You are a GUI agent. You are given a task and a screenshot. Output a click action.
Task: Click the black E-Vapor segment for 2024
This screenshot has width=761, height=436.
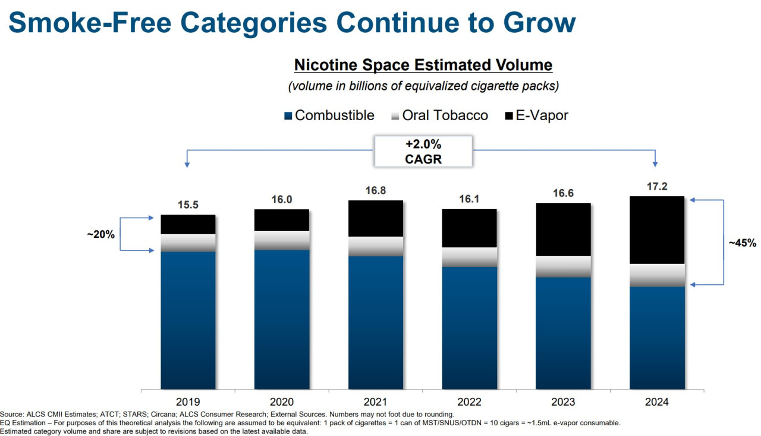click(657, 230)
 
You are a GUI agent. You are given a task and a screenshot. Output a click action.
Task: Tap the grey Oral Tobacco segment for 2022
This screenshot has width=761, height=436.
click(469, 257)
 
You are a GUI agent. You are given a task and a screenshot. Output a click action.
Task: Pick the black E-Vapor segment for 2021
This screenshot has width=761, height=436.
click(376, 218)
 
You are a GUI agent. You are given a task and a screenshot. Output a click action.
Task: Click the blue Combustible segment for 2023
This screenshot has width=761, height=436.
click(563, 333)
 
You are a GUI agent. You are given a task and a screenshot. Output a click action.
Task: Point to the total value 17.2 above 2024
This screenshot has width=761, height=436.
click(657, 186)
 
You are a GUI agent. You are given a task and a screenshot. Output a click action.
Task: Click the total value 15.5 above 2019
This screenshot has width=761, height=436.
click(188, 205)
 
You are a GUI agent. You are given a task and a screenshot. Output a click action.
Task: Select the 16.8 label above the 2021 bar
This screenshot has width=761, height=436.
click(376, 190)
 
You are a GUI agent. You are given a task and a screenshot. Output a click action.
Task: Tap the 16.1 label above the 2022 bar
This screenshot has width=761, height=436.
click(469, 199)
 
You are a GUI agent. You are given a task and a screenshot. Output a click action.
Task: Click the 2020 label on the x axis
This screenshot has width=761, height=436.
click(282, 402)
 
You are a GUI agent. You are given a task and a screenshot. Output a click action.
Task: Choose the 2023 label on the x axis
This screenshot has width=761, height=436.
click(563, 402)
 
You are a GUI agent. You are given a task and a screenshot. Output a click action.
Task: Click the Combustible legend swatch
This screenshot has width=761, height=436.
click(288, 116)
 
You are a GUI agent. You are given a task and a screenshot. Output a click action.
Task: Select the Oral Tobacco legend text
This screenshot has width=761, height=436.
click(445, 115)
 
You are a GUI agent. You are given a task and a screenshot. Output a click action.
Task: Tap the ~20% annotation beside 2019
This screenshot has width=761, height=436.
click(100, 234)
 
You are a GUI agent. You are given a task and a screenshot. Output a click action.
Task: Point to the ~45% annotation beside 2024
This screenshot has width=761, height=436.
click(743, 243)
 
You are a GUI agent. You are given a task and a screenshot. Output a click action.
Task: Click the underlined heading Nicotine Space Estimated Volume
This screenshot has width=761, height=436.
click(423, 65)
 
